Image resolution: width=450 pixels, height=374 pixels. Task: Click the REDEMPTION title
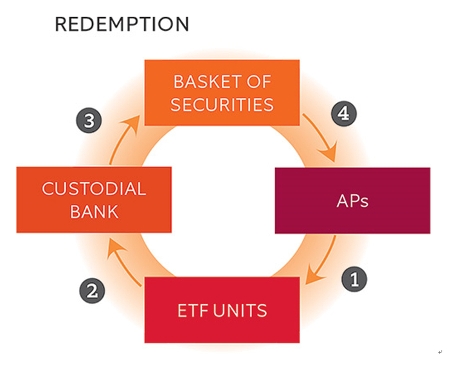(122, 24)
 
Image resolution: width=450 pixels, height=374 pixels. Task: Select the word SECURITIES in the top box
(222, 104)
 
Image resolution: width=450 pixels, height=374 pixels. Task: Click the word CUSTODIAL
(94, 189)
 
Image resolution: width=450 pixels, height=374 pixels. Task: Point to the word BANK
(94, 211)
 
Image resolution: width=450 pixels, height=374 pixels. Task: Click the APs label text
(352, 200)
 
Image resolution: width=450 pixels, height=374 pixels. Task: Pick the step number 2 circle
(92, 291)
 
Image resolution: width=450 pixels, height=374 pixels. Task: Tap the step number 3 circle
(88, 120)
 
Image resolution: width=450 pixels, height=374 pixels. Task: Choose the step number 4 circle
(343, 115)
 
